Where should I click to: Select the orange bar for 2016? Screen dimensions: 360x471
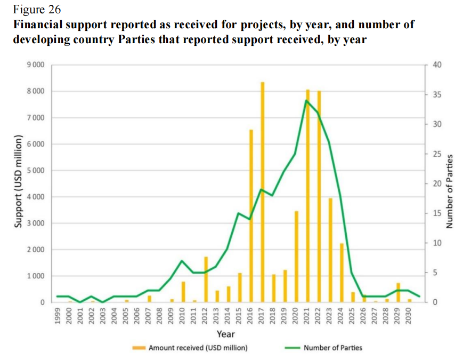(251, 216)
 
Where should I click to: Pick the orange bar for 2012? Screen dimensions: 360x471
(206, 279)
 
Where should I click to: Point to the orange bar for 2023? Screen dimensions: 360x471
(330, 250)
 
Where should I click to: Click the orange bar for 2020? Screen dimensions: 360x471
(296, 257)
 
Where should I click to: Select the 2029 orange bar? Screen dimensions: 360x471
(398, 292)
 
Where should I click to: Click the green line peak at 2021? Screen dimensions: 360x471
(307, 100)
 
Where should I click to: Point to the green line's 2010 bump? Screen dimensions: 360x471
(182, 261)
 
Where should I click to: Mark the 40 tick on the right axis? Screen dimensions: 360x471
(438, 65)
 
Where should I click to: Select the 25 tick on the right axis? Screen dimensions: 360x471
(438, 154)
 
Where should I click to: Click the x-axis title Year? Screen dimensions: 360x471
(225, 334)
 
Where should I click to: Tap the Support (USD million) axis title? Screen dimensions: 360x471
(18, 181)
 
